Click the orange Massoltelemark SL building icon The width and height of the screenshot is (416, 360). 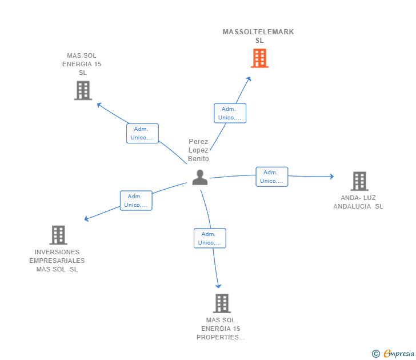coord(259,58)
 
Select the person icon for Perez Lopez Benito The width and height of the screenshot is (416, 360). coord(199,178)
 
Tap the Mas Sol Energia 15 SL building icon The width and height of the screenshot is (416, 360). coord(83,90)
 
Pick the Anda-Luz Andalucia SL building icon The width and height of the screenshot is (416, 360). coord(359,181)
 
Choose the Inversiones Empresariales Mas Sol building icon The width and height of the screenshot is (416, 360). coord(58,235)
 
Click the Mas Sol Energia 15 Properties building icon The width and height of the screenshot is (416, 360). coord(221,303)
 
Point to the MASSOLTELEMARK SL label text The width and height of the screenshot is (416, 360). coord(258,36)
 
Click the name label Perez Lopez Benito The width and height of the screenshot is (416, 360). coord(199,150)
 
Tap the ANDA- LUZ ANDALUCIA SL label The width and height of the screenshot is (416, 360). coord(358,202)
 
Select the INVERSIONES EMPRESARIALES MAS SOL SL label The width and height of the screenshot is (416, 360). coord(57,261)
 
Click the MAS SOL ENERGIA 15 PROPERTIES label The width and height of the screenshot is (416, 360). coord(221,329)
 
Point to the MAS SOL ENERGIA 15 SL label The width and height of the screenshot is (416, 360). coord(82,64)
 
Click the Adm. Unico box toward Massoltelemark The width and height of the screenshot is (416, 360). coord(230,113)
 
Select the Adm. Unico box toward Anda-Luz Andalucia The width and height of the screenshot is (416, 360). coord(271,177)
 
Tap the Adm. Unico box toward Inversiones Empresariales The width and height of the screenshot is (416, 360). coord(136,201)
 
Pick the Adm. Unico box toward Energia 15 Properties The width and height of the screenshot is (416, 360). coord(210,238)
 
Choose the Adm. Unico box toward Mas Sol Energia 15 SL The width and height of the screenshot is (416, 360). coord(142,133)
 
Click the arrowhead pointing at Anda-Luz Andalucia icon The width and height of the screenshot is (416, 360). coord(331,177)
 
